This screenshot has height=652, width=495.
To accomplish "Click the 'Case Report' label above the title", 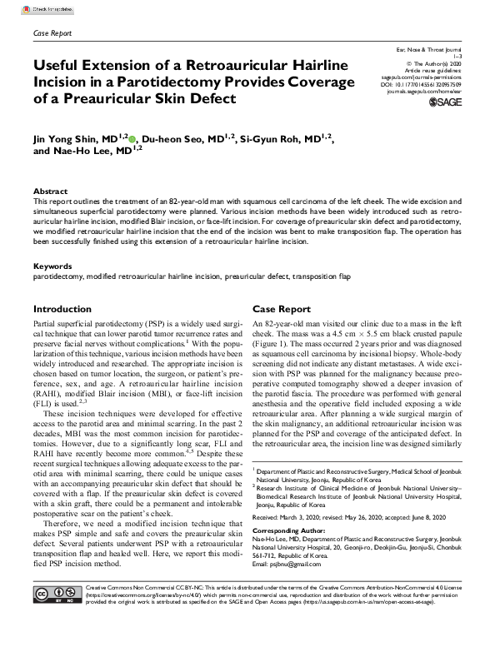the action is click(x=52, y=33).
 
